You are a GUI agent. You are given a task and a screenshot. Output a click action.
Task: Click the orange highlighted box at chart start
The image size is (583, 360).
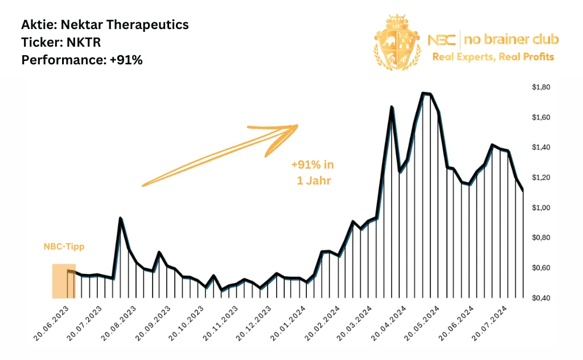[63, 281]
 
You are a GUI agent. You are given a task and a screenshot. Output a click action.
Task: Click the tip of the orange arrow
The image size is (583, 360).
[297, 126]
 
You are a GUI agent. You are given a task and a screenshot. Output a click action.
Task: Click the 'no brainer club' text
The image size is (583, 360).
[511, 39]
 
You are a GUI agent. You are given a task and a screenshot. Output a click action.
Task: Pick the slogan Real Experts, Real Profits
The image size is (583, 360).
[493, 56]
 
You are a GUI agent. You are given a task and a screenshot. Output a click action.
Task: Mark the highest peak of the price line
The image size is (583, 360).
[424, 93]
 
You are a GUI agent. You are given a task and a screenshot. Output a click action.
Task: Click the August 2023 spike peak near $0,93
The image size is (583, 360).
[120, 218]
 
